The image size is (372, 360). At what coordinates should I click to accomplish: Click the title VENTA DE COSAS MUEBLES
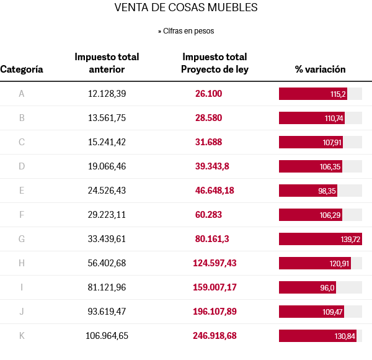click(186, 8)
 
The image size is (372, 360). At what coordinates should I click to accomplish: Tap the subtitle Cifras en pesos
click(186, 30)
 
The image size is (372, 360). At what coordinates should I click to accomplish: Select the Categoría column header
click(22, 70)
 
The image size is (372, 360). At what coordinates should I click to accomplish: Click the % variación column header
click(320, 70)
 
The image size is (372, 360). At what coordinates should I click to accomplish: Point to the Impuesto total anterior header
click(107, 63)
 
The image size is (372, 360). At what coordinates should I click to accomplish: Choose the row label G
click(22, 239)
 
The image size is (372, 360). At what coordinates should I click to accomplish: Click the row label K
click(22, 336)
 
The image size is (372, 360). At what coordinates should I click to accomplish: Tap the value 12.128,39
click(107, 94)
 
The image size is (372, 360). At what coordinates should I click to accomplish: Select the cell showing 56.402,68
click(107, 263)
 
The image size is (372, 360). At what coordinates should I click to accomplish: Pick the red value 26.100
click(208, 94)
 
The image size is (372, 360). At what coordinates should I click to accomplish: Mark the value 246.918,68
click(215, 336)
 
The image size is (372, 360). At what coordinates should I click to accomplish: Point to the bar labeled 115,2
click(312, 94)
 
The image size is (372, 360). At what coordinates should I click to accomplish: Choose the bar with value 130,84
click(317, 336)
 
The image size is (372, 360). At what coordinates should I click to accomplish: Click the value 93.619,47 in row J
click(107, 312)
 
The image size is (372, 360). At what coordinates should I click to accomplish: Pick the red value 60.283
click(208, 215)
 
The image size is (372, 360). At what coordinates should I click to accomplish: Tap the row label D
click(22, 166)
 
